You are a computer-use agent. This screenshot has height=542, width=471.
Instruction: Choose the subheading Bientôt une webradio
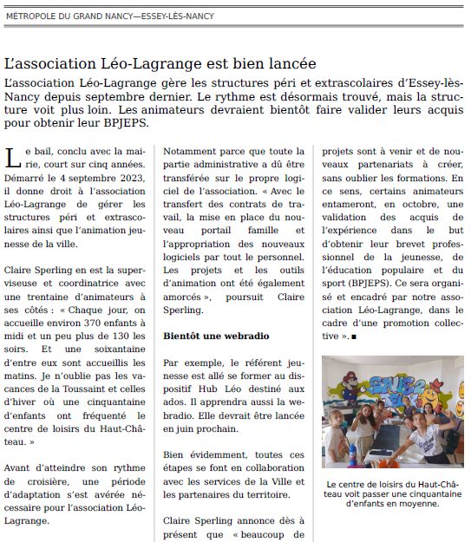point(216,335)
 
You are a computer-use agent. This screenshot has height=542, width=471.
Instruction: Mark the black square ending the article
point(354,335)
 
